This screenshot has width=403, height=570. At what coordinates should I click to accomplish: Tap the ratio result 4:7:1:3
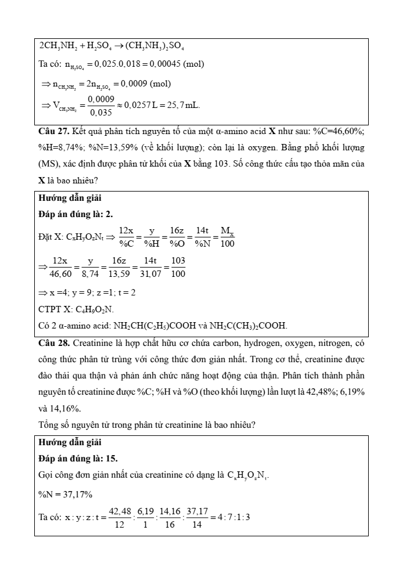tap(234, 516)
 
